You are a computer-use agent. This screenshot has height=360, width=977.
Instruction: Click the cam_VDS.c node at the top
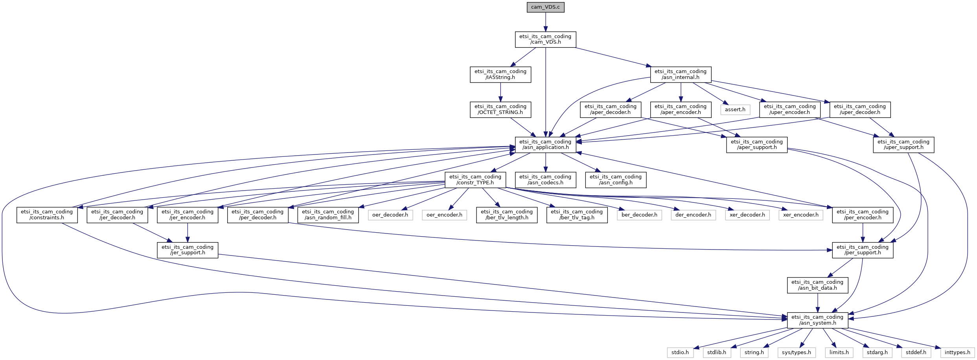545,7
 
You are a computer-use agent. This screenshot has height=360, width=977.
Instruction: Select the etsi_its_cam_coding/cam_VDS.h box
545,39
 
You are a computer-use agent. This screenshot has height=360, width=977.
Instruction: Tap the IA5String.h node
500,74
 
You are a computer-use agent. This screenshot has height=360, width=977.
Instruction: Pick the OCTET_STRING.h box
500,109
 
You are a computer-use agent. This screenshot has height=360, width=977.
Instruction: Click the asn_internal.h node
680,74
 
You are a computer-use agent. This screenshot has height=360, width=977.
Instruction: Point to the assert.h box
735,110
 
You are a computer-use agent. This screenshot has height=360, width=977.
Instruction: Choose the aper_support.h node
756,145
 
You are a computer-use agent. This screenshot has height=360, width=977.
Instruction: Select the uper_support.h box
903,145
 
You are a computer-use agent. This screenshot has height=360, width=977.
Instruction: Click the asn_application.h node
545,145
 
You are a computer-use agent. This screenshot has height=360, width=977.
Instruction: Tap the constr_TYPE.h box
475,180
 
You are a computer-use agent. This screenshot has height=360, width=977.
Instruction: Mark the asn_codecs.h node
545,180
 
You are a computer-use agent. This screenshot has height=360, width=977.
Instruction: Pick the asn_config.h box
615,180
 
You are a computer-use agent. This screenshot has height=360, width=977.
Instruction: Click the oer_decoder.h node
390,215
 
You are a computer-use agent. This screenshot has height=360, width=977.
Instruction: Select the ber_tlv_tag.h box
577,215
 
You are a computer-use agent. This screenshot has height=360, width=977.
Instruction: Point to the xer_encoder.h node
800,215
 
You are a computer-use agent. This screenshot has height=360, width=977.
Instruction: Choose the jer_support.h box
188,250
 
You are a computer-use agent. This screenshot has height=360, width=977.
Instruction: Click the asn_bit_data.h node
817,285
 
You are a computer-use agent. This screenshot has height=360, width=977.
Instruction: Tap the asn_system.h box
817,320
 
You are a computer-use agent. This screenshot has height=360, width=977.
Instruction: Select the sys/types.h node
796,353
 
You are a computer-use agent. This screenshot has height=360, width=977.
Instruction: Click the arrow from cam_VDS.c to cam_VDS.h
545,22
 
